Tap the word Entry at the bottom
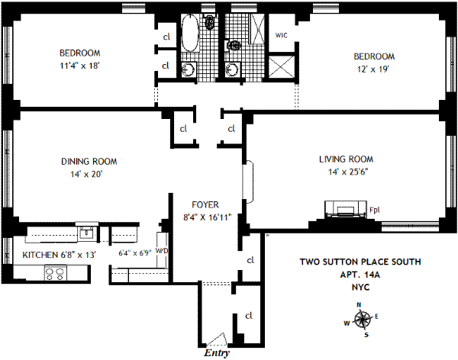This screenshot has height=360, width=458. (217, 353)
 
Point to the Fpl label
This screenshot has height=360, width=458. (375, 210)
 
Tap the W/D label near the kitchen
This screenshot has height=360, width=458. (161, 250)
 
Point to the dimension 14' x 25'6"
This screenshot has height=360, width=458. (346, 172)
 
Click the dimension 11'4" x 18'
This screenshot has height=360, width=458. (80, 66)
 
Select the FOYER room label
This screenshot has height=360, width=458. (206, 204)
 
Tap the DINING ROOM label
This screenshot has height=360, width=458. (89, 161)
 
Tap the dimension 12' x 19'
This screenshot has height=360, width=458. (373, 69)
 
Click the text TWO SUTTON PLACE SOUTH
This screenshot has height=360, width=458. (358, 262)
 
